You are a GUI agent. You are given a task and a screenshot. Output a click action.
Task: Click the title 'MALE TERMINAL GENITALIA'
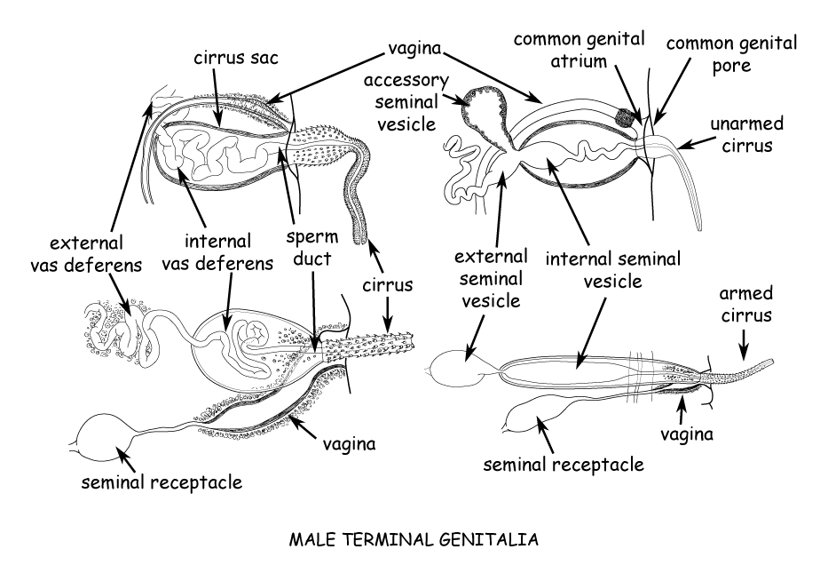coord(414,538)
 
